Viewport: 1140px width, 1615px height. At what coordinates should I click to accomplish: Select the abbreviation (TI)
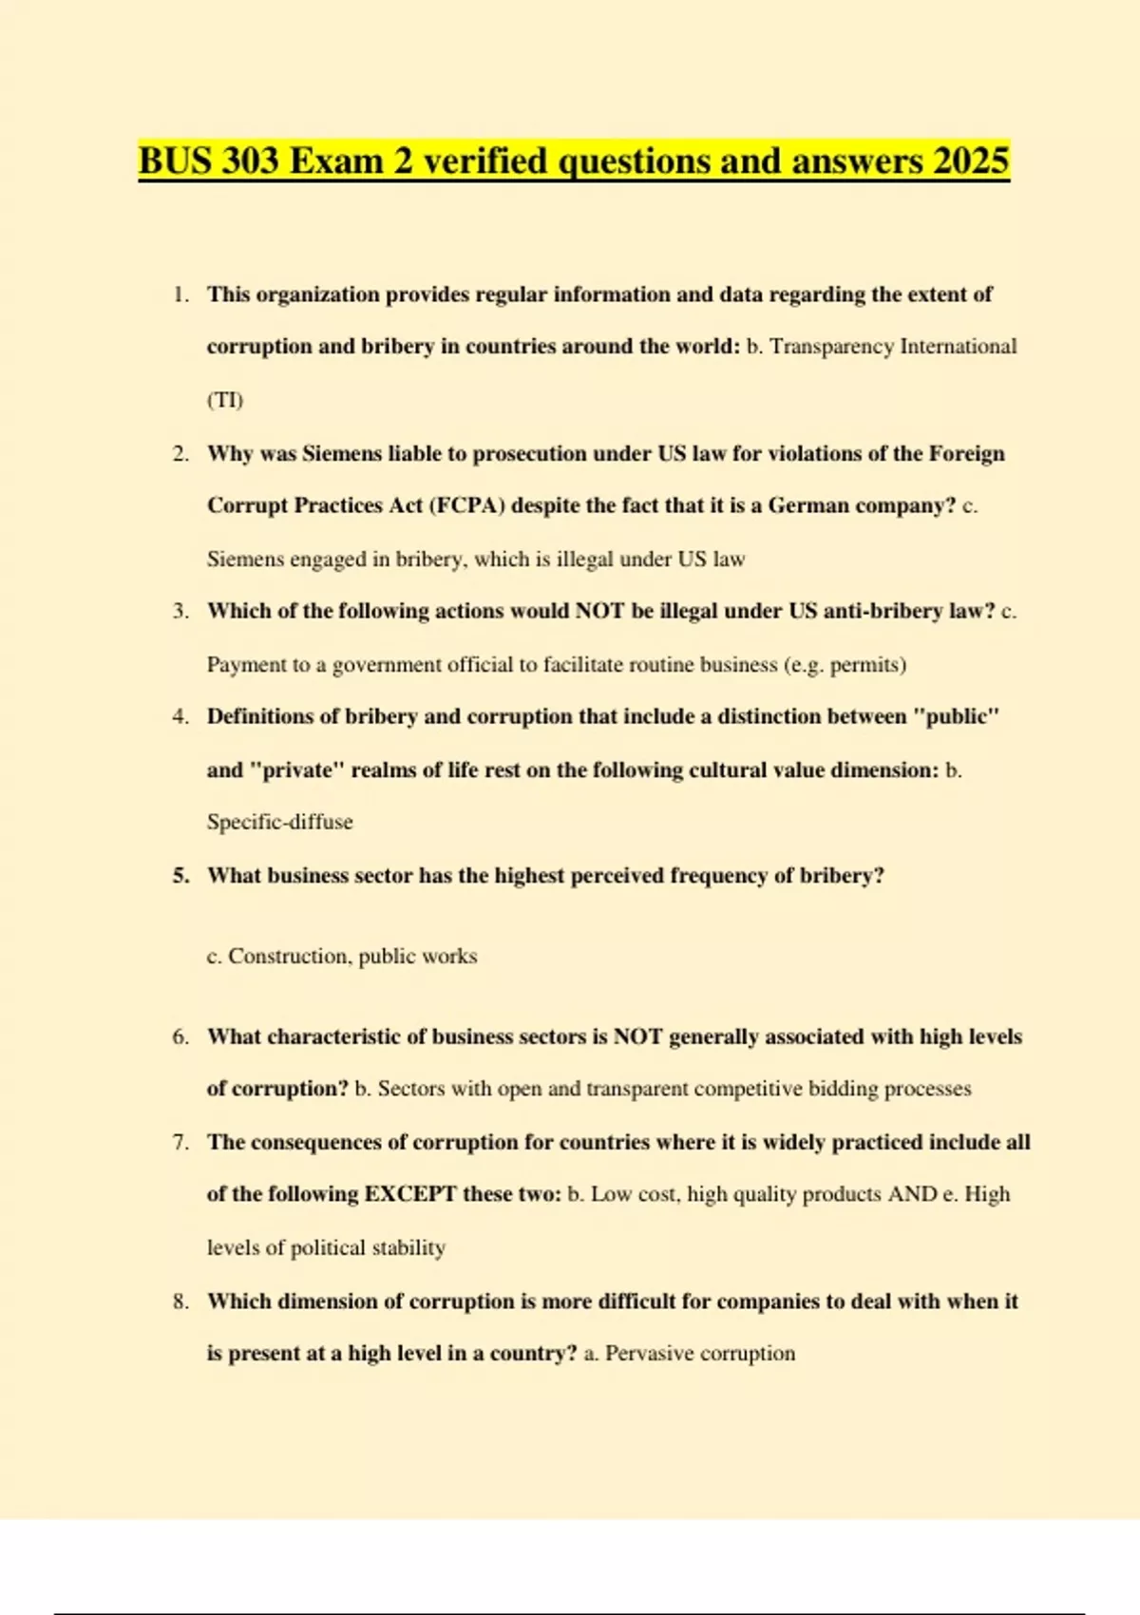[x=225, y=399]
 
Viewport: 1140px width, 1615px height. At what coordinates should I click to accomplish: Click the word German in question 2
[x=808, y=505]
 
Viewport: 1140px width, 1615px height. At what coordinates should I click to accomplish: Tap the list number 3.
[x=180, y=611]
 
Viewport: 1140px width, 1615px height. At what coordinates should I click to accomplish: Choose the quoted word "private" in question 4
[x=296, y=769]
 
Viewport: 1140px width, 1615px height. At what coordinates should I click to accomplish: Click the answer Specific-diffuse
[x=279, y=822]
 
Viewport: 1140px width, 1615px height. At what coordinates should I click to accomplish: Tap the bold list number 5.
[x=180, y=875]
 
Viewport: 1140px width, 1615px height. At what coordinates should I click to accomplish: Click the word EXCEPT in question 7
[x=410, y=1194]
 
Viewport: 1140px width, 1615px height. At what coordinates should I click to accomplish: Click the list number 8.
[x=180, y=1301]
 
